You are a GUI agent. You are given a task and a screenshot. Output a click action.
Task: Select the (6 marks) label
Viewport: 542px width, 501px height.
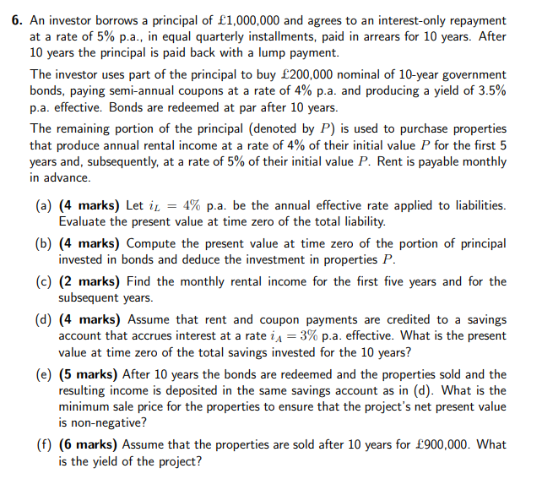pyautogui.click(x=89, y=444)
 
